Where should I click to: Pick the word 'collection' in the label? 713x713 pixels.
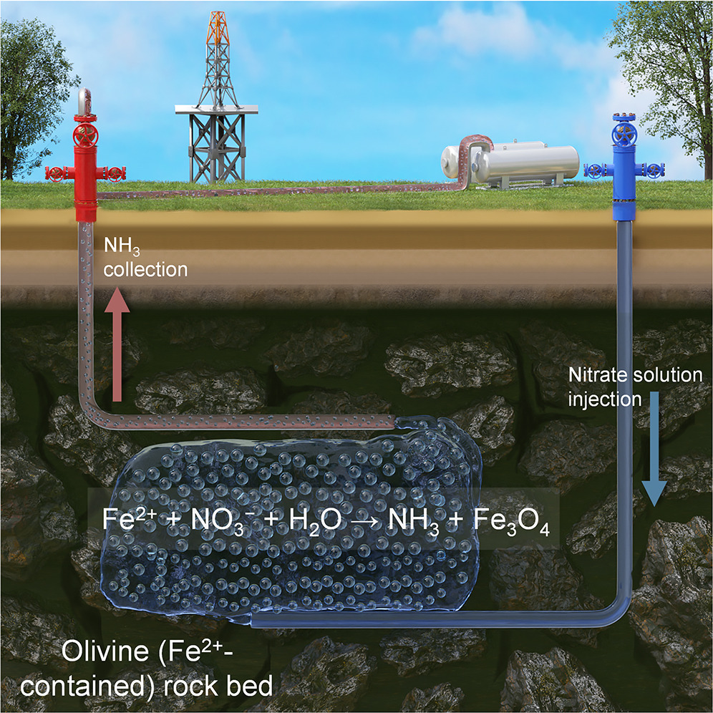(x=146, y=270)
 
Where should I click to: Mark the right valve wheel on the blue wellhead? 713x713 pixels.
(x=654, y=170)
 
